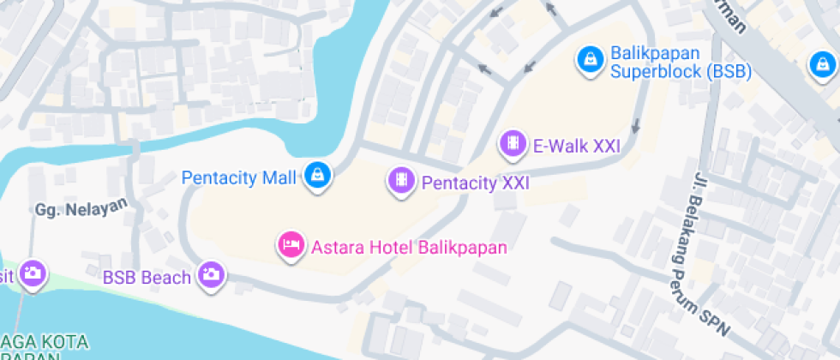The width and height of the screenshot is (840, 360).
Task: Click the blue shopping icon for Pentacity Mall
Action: pyautogui.click(x=318, y=176)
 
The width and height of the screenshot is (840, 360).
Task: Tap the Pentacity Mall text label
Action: pyautogui.click(x=239, y=178)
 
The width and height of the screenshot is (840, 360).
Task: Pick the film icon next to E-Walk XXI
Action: pyautogui.click(x=512, y=143)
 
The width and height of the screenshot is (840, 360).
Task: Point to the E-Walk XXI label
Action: pyautogui.click(x=576, y=147)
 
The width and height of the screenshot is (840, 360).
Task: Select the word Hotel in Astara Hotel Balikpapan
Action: pyautogui.click(x=393, y=248)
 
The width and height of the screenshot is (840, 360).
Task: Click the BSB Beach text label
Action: pyautogui.click(x=147, y=278)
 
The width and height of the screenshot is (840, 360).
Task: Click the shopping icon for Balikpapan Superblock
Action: pyautogui.click(x=590, y=58)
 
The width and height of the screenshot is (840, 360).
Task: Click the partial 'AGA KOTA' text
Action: pyautogui.click(x=51, y=342)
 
